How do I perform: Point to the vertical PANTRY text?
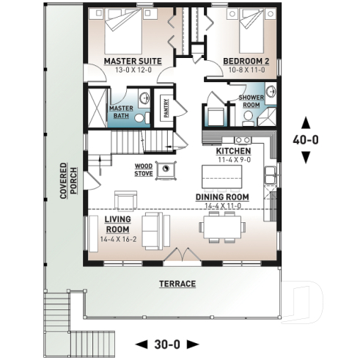[166, 108]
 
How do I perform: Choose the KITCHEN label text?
[234, 150]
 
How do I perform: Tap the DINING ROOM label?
[221, 197]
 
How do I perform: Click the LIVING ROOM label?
[117, 224]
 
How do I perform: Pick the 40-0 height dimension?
[306, 139]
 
